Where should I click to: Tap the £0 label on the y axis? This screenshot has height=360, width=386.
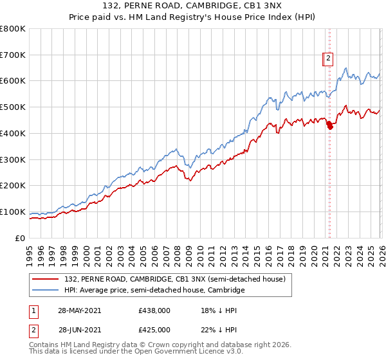19,238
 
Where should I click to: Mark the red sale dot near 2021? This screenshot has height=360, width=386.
330,126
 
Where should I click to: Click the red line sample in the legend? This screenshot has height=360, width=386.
46,280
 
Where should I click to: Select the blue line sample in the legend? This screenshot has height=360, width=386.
46,291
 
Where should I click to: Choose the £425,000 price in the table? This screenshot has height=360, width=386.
154,330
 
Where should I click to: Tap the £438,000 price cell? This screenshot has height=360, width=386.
154,310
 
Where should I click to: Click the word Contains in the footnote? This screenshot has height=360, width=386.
44,346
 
